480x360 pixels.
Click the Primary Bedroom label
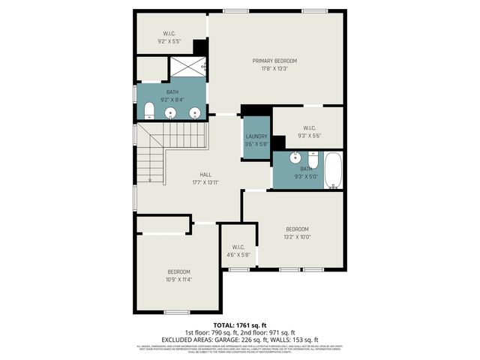[x=274, y=61]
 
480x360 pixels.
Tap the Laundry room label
[x=256, y=136]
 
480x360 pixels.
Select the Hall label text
[x=205, y=174]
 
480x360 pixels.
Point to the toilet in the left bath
[x=148, y=112]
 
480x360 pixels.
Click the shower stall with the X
[x=187, y=67]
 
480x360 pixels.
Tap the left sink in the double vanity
[x=171, y=113]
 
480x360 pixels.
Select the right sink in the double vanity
[x=195, y=113]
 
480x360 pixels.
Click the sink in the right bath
[x=295, y=158]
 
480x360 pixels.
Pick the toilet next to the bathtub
[x=313, y=160]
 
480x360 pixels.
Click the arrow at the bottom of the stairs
[x=151, y=180]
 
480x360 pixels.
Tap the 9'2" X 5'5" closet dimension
[x=169, y=41]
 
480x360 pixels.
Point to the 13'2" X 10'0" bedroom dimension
[x=297, y=237]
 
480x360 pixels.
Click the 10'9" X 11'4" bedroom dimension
[x=178, y=279]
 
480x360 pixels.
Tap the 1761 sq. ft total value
[x=252, y=325]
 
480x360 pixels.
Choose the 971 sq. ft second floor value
[x=278, y=332]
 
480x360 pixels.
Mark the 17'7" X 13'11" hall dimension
[x=205, y=182]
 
